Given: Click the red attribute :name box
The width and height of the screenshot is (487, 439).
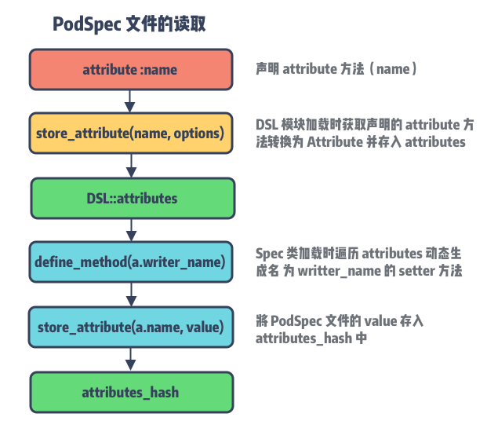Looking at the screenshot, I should pyautogui.click(x=130, y=70).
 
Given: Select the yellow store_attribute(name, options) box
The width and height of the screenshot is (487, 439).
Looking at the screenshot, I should pyautogui.click(x=130, y=134).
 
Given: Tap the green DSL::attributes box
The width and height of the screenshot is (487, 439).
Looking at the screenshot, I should pyautogui.click(x=132, y=198).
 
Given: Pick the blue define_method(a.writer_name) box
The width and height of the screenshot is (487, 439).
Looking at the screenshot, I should pyautogui.click(x=130, y=262).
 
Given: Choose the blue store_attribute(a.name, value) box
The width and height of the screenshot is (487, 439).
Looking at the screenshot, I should pyautogui.click(x=130, y=327).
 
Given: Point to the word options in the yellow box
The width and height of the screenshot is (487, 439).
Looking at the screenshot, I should pyautogui.click(x=199, y=134).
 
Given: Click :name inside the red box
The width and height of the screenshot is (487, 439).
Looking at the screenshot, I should pyautogui.click(x=159, y=70).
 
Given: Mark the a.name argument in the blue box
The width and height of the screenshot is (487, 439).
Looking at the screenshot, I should pyautogui.click(x=163, y=327).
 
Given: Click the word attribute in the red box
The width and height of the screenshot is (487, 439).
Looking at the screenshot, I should pyautogui.click(x=110, y=70).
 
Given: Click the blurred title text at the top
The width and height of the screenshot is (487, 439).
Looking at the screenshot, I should pyautogui.click(x=131, y=25).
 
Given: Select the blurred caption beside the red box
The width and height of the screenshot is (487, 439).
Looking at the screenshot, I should pyautogui.click(x=334, y=70).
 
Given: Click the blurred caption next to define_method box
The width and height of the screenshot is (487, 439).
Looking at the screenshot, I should pyautogui.click(x=358, y=262).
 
